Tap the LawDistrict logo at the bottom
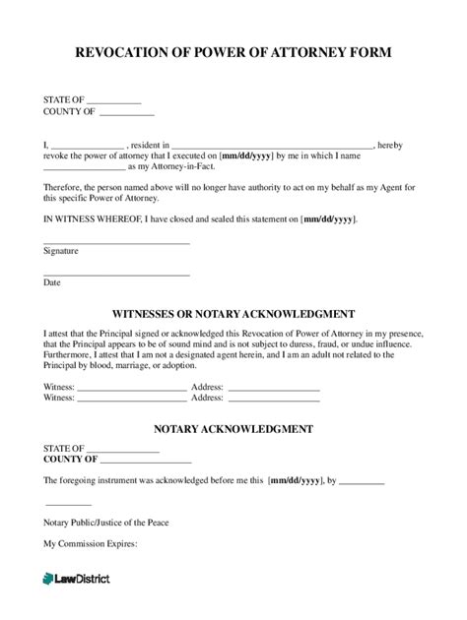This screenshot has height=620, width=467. [77, 578]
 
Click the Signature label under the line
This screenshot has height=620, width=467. [62, 251]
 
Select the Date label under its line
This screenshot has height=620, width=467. [51, 282]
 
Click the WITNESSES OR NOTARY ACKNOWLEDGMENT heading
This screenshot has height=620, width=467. [233, 314]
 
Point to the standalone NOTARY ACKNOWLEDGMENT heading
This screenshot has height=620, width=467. [233, 429]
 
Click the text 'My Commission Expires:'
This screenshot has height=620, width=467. [90, 543]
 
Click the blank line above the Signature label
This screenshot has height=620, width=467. [116, 242]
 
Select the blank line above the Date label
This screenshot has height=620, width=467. [116, 274]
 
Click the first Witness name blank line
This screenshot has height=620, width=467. [131, 391]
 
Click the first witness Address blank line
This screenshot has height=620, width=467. [274, 391]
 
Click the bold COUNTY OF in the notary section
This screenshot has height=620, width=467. [70, 459]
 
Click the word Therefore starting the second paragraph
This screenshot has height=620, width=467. [66, 187]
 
